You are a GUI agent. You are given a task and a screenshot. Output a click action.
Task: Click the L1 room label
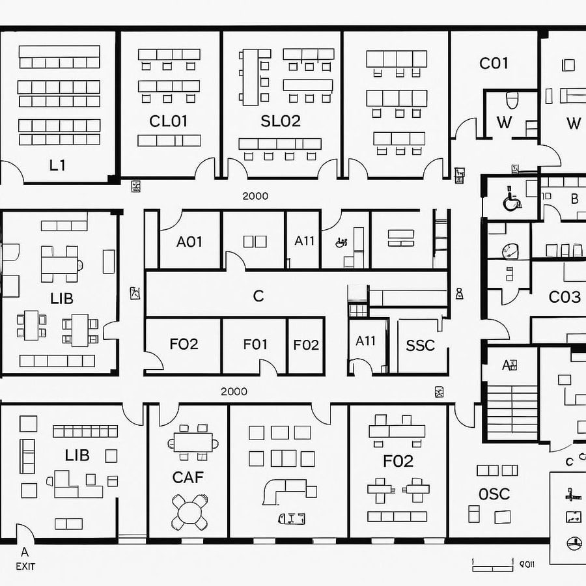tap(57, 165)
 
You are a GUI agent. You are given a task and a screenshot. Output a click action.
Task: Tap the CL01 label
tap(168, 121)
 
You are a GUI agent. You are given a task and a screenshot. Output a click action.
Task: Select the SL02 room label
tap(281, 121)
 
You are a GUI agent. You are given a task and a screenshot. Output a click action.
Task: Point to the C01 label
tap(494, 63)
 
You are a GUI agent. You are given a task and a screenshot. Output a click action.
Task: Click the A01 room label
tap(189, 242)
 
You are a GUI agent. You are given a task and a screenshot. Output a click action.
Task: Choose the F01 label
tap(255, 344)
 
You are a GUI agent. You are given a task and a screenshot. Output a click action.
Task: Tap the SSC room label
tap(420, 345)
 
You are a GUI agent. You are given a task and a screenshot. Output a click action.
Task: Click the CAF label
tap(188, 477)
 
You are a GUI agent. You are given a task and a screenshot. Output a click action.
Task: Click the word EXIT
tap(25, 566)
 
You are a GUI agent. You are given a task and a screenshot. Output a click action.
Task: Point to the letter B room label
tap(574, 199)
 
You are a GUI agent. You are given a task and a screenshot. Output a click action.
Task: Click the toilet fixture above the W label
tap(512, 100)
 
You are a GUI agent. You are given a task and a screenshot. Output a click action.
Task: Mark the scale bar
tap(492, 564)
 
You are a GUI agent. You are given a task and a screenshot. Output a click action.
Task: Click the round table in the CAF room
tap(190, 511)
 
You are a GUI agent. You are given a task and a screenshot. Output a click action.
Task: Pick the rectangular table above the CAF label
tap(193, 442)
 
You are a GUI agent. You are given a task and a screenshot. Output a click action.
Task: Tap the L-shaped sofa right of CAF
tap(284, 489)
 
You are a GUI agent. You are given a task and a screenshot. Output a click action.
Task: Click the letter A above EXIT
tap(25, 552)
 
